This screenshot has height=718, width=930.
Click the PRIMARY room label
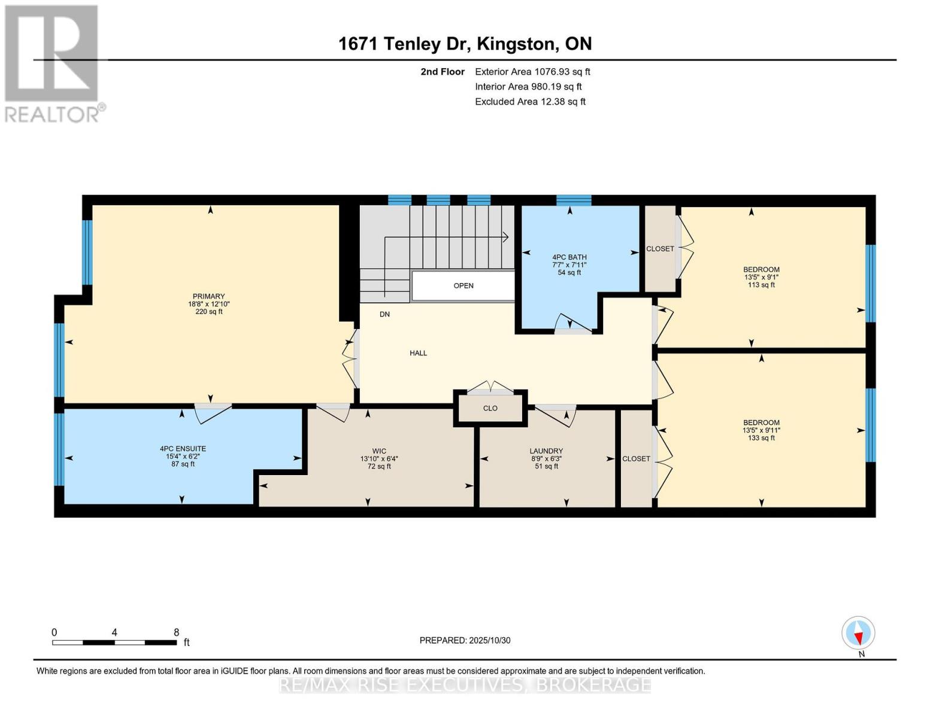click(x=208, y=297)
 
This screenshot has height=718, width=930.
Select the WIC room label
click(x=379, y=451)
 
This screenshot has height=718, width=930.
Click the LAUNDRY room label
click(x=546, y=451)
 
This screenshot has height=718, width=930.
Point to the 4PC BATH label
click(x=569, y=257)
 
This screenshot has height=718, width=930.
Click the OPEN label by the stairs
click(x=464, y=286)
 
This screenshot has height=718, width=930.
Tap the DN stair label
click(x=384, y=314)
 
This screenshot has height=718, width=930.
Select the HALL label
click(x=418, y=353)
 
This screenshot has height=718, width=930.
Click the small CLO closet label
click(x=490, y=408)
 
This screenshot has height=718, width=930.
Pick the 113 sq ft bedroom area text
click(x=761, y=285)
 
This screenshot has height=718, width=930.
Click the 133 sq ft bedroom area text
click(x=761, y=438)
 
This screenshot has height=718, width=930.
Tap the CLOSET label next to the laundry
click(x=636, y=459)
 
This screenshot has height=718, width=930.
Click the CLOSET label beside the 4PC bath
click(x=660, y=249)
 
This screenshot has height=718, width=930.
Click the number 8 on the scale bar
click(x=176, y=632)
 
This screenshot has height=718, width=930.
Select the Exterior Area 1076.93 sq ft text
click(x=532, y=72)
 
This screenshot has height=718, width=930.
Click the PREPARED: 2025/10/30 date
click(x=465, y=640)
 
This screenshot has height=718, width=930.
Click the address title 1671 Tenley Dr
click(x=465, y=44)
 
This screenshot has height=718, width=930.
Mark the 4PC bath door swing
click(x=572, y=323)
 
